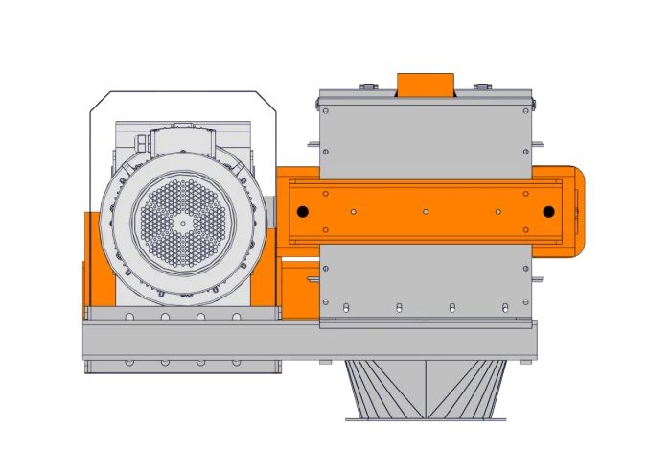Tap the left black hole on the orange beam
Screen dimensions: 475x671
302,211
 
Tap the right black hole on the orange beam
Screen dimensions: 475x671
548,211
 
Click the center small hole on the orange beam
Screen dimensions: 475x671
426,211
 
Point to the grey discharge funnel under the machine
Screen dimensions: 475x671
426,390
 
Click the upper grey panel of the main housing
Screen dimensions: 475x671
426,134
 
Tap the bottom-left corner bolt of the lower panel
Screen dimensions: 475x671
326,305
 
